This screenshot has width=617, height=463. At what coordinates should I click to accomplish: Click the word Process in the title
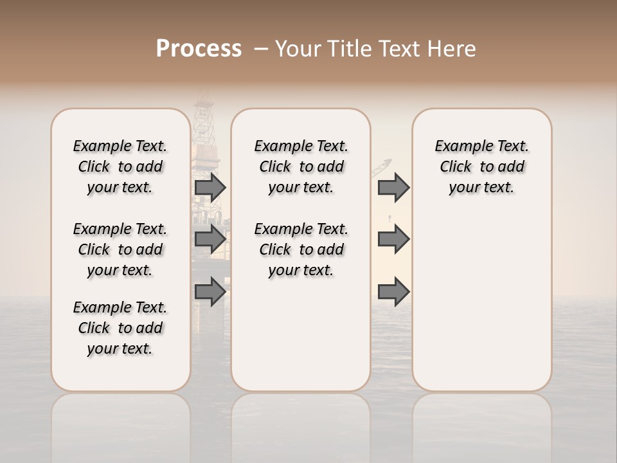(x=199, y=49)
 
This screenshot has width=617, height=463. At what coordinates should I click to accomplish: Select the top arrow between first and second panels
(x=210, y=188)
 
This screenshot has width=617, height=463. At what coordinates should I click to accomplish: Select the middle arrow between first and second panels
(x=210, y=239)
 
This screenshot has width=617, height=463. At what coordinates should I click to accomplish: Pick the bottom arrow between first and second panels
(x=210, y=293)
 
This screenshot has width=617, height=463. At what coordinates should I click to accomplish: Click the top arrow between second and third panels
(x=393, y=188)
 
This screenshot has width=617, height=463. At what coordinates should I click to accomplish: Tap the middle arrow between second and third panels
(x=393, y=239)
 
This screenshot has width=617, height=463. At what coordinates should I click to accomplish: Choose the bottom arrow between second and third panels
(x=393, y=293)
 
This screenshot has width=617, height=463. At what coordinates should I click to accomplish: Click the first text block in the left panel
(x=120, y=167)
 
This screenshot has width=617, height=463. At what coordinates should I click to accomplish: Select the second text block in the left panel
(x=120, y=250)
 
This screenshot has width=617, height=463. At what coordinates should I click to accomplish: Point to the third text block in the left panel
(x=120, y=328)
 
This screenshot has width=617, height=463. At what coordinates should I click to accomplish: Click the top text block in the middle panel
(x=301, y=167)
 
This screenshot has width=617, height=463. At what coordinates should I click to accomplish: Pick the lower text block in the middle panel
(x=301, y=250)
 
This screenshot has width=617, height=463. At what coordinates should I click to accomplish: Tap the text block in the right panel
(x=482, y=167)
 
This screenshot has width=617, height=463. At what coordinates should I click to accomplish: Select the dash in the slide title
(x=261, y=49)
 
